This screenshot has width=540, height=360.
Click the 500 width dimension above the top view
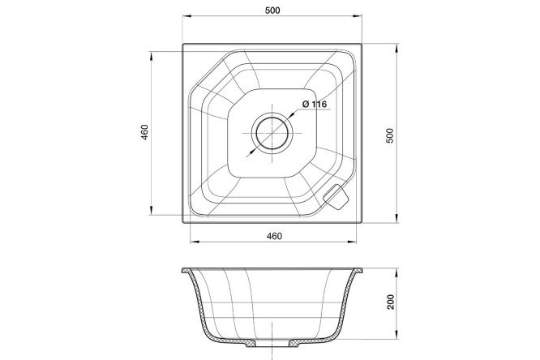pyautogui.click(x=272, y=11)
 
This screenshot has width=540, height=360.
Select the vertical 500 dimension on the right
pyautogui.click(x=389, y=135)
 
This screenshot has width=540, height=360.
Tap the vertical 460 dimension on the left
pyautogui.click(x=144, y=132)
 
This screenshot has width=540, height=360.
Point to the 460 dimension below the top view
pyautogui.click(x=274, y=236)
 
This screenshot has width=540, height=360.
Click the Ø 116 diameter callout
pyautogui.click(x=315, y=104)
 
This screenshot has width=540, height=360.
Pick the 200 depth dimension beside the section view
pyautogui.click(x=391, y=302)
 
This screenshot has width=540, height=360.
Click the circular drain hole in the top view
pyautogui.click(x=272, y=133)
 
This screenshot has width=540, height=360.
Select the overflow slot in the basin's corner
pyautogui.click(x=335, y=197)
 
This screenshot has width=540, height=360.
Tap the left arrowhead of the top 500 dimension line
pyautogui.click(x=186, y=16)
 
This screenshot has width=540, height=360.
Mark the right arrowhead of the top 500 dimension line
pyautogui.click(x=358, y=16)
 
